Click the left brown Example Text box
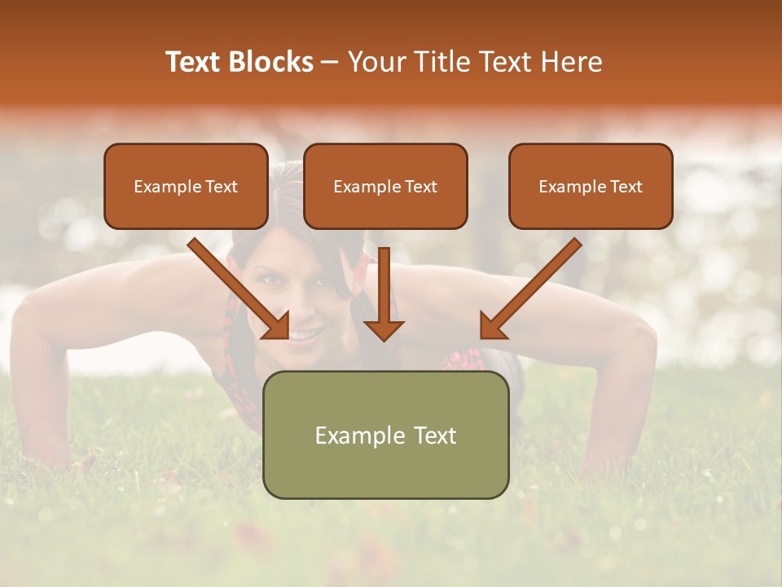186,186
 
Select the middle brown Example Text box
385,186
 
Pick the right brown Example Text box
591,186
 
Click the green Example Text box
385,435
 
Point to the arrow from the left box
240,289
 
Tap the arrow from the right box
529,289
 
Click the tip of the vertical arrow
384,338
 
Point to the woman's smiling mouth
305,335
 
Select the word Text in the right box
626,186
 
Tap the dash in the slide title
330,62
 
